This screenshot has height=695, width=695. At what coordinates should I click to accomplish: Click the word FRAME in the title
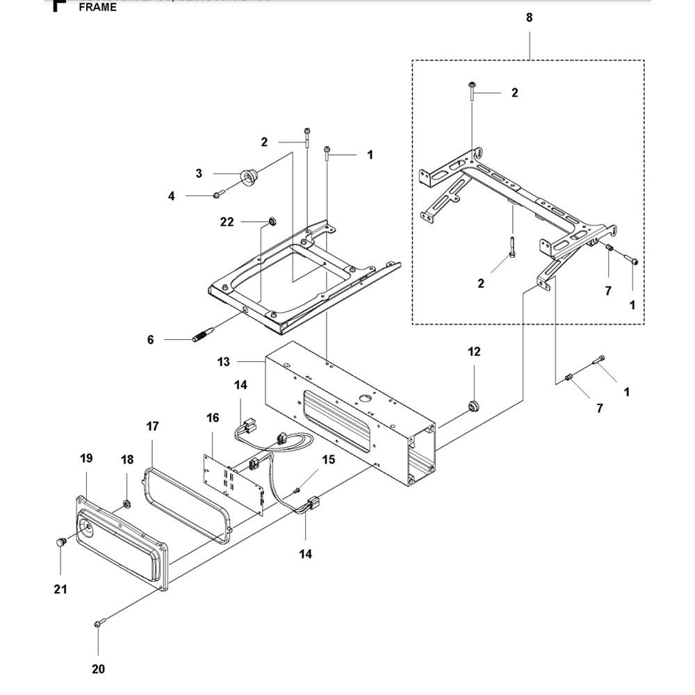tap(98, 9)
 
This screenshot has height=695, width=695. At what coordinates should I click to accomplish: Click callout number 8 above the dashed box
tap(529, 18)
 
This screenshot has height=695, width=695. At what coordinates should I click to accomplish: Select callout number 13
tap(223, 361)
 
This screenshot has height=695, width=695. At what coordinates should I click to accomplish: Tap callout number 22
tap(227, 222)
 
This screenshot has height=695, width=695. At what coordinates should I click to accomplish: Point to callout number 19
tap(85, 459)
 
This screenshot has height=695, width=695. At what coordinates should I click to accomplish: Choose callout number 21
tap(60, 589)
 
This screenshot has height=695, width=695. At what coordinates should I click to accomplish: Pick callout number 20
tap(98, 669)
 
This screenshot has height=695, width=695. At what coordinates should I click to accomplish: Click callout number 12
tap(473, 352)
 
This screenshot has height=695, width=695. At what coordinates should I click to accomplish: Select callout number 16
tap(213, 418)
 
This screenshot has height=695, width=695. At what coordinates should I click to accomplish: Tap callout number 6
tap(150, 339)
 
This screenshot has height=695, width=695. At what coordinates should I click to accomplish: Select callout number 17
tap(152, 426)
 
